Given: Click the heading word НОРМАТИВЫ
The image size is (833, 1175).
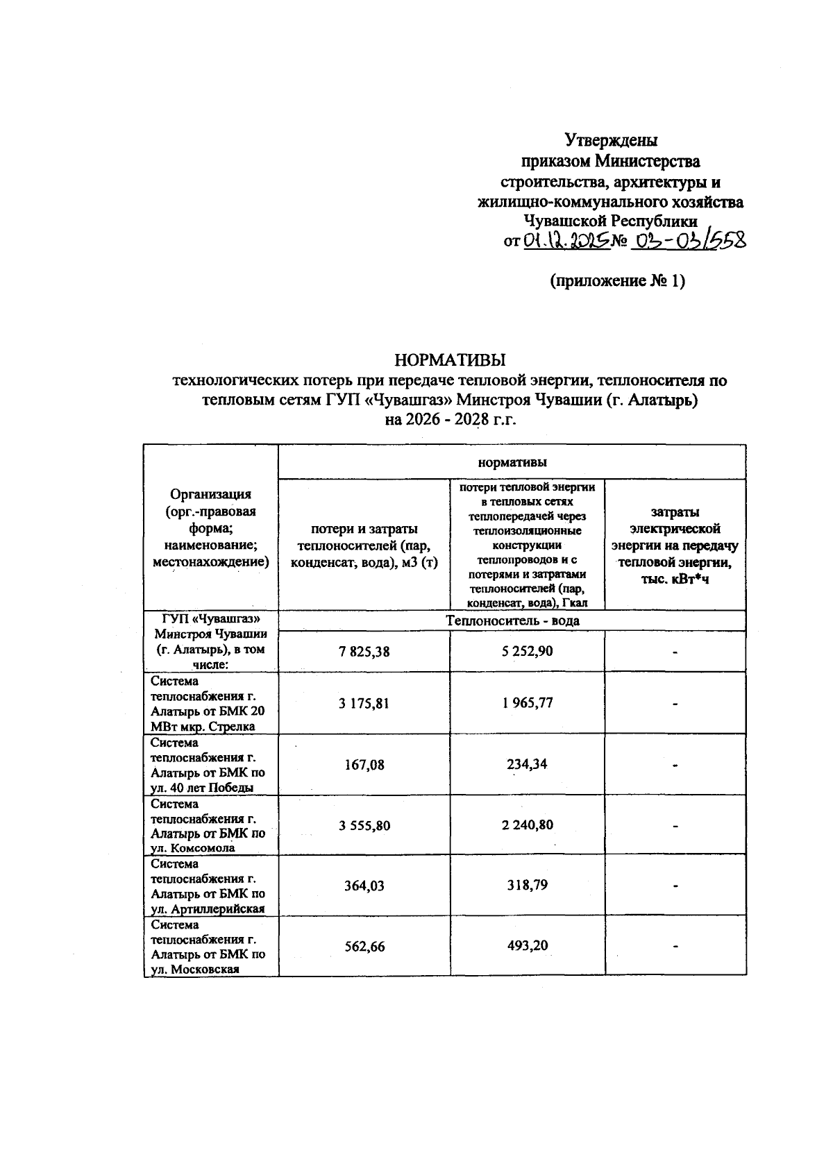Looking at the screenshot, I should (x=450, y=360).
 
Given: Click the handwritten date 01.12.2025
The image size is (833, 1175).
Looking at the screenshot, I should (x=565, y=241).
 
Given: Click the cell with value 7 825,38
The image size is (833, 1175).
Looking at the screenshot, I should (x=364, y=652).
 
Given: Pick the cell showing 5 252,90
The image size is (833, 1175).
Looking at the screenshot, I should (x=527, y=652).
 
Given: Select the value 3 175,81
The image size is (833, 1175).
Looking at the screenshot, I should (x=364, y=703).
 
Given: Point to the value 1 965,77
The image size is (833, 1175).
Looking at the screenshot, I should (x=527, y=703).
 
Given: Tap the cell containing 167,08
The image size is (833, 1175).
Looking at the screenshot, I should (x=364, y=765).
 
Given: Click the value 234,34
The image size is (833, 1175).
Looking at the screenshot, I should (x=527, y=764).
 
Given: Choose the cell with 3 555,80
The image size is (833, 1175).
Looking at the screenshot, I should (x=364, y=825).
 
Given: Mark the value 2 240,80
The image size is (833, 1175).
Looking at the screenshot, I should (x=527, y=825).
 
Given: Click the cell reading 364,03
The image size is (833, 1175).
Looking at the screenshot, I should (x=364, y=886).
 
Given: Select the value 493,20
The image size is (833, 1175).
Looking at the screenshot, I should (x=527, y=946).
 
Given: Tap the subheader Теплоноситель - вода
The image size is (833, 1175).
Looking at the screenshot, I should (x=512, y=620).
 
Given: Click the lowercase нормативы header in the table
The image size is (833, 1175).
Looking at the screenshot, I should (x=512, y=462).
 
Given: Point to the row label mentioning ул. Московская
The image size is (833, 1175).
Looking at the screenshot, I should (x=208, y=947).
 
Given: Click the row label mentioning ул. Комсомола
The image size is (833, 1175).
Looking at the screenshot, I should (x=208, y=826).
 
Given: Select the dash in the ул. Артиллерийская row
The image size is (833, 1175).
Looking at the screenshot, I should (x=675, y=886).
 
